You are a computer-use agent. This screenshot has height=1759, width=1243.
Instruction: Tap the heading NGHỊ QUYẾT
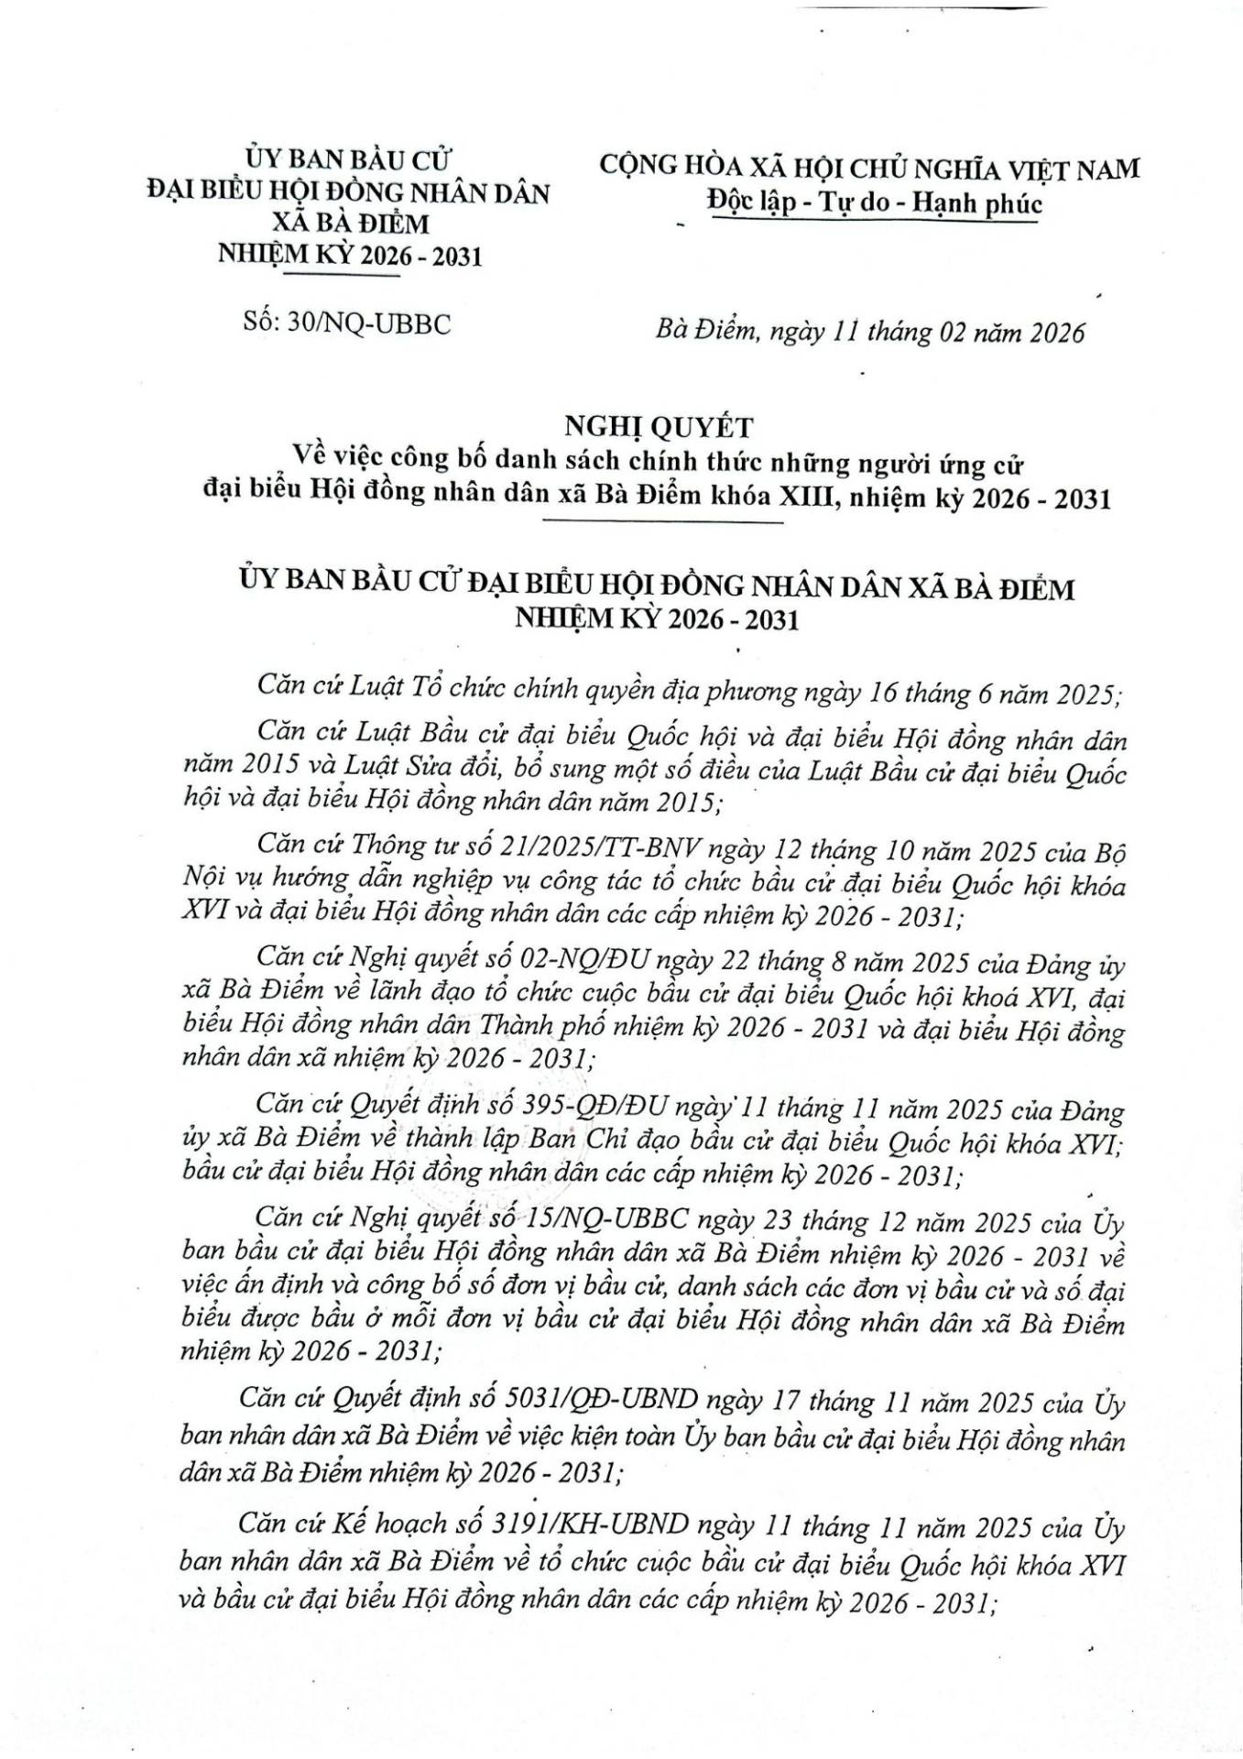(x=657, y=426)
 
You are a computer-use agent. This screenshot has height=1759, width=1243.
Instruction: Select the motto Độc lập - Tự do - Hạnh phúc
(x=875, y=202)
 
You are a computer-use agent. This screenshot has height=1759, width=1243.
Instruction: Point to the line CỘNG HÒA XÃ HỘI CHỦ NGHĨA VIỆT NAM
(x=870, y=169)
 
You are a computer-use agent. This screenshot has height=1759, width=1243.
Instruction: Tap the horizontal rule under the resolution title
(x=662, y=523)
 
